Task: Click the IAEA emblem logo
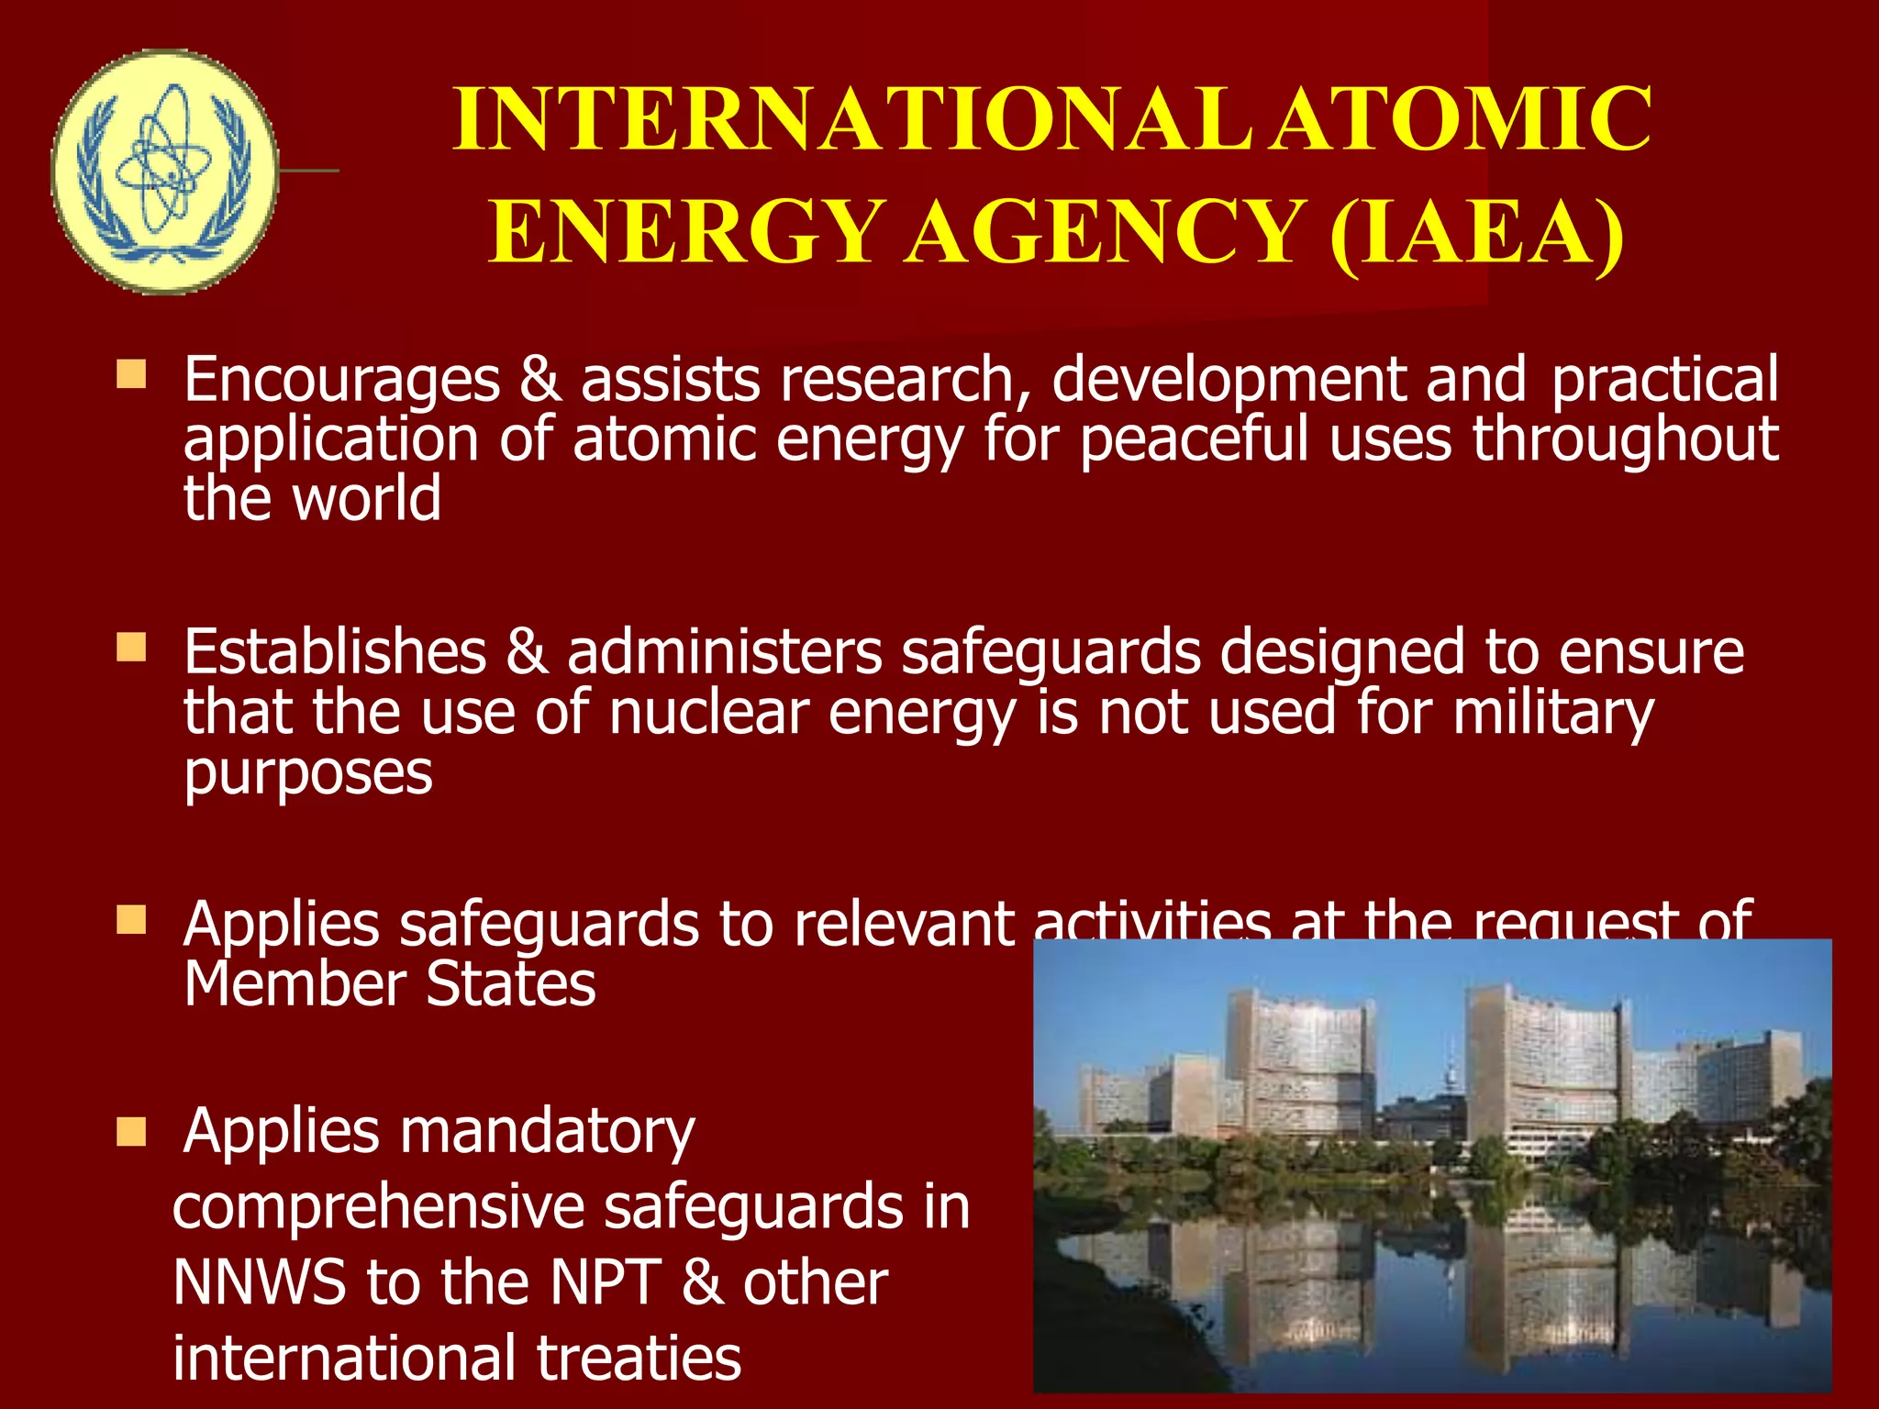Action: pyautogui.click(x=164, y=172)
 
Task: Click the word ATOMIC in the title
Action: pyautogui.click(x=1464, y=119)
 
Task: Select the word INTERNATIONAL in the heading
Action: pyautogui.click(x=853, y=119)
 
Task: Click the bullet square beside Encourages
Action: pyautogui.click(x=131, y=374)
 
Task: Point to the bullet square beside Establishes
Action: pyautogui.click(x=131, y=647)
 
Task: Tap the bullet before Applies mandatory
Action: pyautogui.click(x=131, y=1132)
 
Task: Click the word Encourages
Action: pyautogui.click(x=342, y=379)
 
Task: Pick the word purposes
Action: pyautogui.click(x=308, y=772)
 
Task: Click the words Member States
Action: pyautogui.click(x=390, y=983)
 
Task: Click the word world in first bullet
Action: pyautogui.click(x=366, y=498)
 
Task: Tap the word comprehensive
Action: pyautogui.click(x=378, y=1206)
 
